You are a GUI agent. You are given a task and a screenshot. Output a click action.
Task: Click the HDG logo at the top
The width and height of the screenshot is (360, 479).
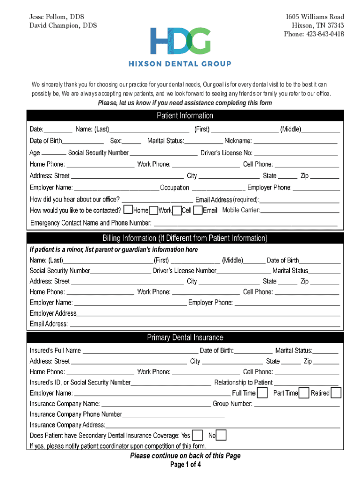pos(180,41)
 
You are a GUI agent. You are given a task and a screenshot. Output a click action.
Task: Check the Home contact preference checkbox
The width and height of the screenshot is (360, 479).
pos(129,210)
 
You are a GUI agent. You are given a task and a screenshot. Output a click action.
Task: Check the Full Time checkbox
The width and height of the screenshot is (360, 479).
pos(263,392)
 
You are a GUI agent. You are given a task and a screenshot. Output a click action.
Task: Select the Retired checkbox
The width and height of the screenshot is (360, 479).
pos(336,392)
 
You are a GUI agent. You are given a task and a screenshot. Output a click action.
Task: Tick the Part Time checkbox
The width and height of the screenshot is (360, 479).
pos(303,392)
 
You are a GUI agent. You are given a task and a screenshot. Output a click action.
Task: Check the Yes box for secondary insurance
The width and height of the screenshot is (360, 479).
pos(198,435)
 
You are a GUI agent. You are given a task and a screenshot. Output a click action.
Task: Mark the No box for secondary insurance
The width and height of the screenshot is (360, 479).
pos(222,435)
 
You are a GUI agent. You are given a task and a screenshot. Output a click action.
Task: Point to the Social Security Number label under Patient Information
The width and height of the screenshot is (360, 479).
pos(98,152)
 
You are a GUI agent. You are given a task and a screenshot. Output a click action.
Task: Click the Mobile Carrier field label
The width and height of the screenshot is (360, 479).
pos(241,210)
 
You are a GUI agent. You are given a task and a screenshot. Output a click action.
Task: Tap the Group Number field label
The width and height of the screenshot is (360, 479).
pos(232,404)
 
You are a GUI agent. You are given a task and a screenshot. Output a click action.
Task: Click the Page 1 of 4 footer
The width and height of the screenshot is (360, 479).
pos(185,464)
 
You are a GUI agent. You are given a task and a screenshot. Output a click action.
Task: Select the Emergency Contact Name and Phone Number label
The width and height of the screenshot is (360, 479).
pos(91,223)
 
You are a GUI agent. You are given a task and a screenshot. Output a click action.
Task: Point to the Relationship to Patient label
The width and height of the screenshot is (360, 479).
pos(243,382)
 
